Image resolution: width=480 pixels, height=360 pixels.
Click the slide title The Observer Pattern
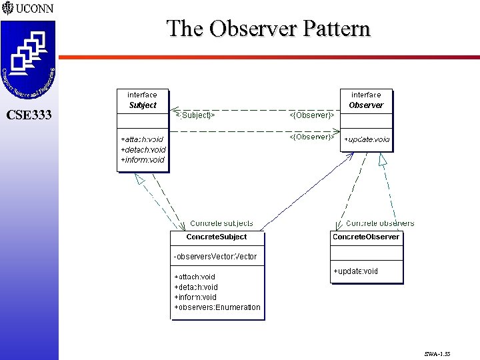[x=268, y=29]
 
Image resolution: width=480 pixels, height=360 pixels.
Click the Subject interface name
[x=143, y=105]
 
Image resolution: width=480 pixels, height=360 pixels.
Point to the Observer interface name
[x=366, y=105]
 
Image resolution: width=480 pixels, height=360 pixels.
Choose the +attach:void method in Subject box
[x=142, y=139]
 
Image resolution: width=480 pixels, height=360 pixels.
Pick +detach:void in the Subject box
[x=143, y=149]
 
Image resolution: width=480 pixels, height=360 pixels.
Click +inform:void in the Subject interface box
[x=142, y=160]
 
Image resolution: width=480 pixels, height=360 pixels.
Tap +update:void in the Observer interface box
[x=367, y=140]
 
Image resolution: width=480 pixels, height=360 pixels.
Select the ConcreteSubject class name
[x=216, y=237]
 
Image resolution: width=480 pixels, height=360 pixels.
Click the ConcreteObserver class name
[x=366, y=237]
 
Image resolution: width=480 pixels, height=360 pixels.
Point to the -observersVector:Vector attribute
[x=215, y=257]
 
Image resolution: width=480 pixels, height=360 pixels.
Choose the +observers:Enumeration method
[x=217, y=307]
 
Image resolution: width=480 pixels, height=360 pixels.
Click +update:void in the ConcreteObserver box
[x=355, y=271]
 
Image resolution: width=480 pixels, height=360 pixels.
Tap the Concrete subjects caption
[x=221, y=223]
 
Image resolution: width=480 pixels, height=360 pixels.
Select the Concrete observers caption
[x=380, y=223]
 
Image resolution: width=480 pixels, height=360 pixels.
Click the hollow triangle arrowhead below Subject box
[x=140, y=179]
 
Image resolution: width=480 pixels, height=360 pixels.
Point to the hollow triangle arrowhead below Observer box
[x=383, y=159]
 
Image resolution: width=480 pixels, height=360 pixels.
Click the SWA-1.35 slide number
[x=437, y=354]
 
